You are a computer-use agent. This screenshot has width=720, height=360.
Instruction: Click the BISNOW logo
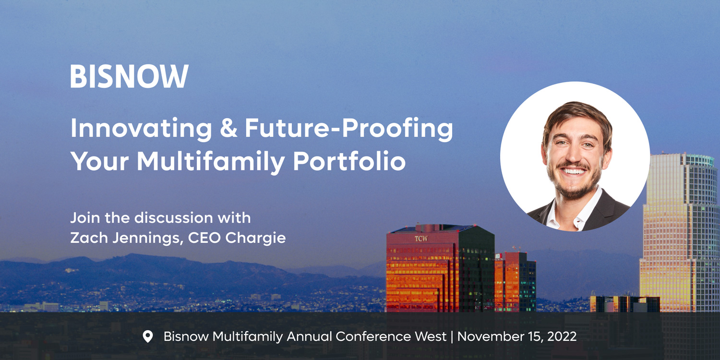tap(129, 76)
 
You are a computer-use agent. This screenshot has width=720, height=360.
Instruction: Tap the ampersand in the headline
tap(229, 128)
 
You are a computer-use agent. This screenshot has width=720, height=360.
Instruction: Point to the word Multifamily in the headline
tap(211, 161)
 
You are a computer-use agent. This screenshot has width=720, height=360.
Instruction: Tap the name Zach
tap(89, 238)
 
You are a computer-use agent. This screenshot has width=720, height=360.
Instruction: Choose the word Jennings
tap(148, 239)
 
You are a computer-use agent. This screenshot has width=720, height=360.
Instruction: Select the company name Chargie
tap(255, 239)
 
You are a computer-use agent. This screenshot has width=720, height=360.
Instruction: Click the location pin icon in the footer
tap(147, 336)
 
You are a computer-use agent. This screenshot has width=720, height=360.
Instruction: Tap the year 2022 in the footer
tap(562, 336)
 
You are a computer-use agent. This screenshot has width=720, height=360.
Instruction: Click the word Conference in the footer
tap(373, 336)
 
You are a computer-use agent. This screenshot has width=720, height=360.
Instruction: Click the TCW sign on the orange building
tap(421, 239)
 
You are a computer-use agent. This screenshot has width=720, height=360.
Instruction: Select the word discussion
tap(173, 217)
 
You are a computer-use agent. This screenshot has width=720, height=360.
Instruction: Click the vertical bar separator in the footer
tap(452, 336)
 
